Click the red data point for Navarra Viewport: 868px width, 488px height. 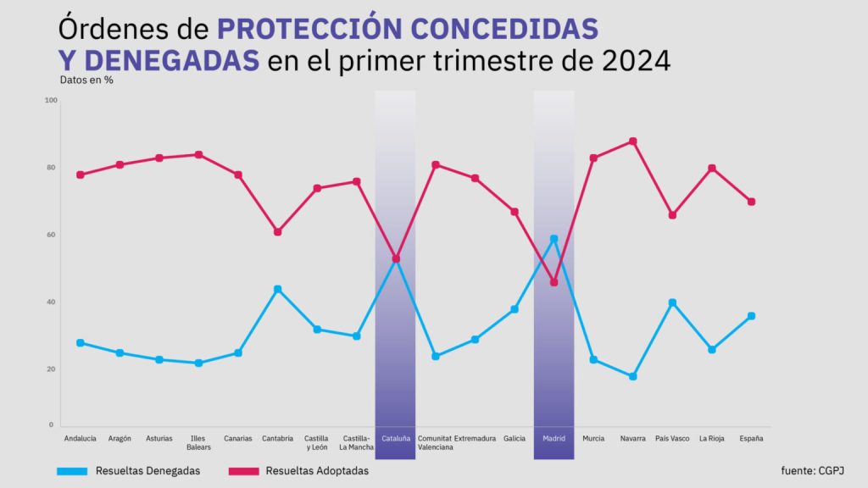632,141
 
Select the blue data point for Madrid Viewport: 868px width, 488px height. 554,239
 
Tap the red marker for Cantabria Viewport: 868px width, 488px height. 277,231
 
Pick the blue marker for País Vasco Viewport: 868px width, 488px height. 672,302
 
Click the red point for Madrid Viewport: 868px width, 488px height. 554,282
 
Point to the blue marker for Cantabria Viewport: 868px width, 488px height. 277,289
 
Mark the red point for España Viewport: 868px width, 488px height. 751,202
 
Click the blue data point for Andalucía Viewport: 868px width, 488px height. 80,342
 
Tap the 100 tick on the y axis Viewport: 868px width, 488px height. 50,101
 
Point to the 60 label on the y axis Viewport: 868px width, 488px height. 50,235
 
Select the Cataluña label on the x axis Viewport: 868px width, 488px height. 396,438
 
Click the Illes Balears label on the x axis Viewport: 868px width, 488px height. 198,442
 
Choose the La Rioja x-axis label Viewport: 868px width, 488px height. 711,438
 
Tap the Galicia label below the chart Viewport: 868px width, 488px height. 514,438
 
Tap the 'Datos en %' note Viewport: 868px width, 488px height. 86,80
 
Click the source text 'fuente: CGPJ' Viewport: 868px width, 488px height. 812,470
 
